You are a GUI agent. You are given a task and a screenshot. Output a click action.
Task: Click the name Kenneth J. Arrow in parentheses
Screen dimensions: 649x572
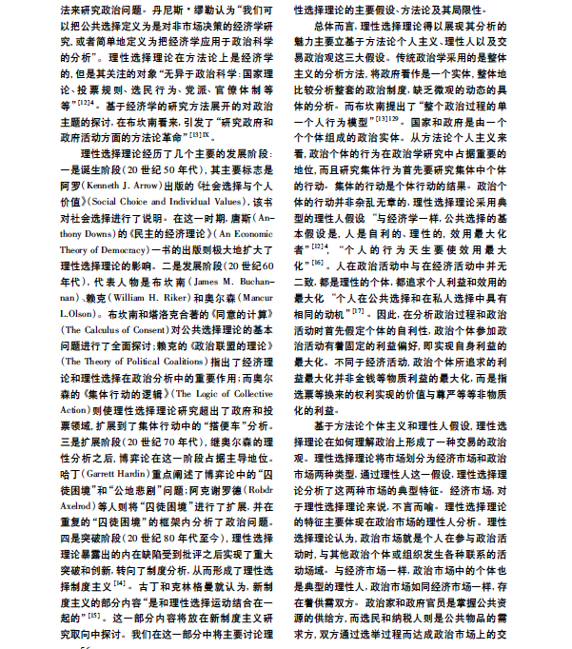coord(110,214)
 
